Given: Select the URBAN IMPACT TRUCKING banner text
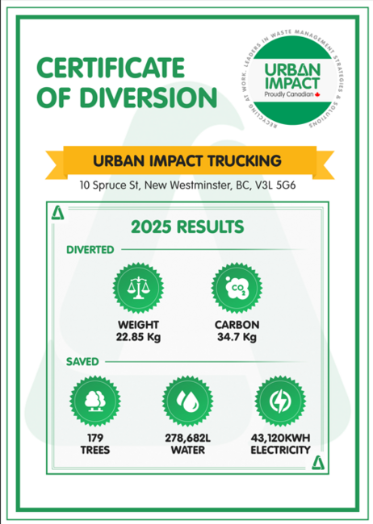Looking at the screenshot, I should coord(186,158).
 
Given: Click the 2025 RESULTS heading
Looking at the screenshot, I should coord(186,225).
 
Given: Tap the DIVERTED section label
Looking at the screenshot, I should coord(90,251).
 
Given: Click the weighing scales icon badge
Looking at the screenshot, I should coord(138,288).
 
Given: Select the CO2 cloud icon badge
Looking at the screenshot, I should coord(235,288).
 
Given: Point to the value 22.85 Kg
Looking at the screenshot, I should coord(139,337).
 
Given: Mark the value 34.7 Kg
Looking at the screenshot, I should coord(236,337).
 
